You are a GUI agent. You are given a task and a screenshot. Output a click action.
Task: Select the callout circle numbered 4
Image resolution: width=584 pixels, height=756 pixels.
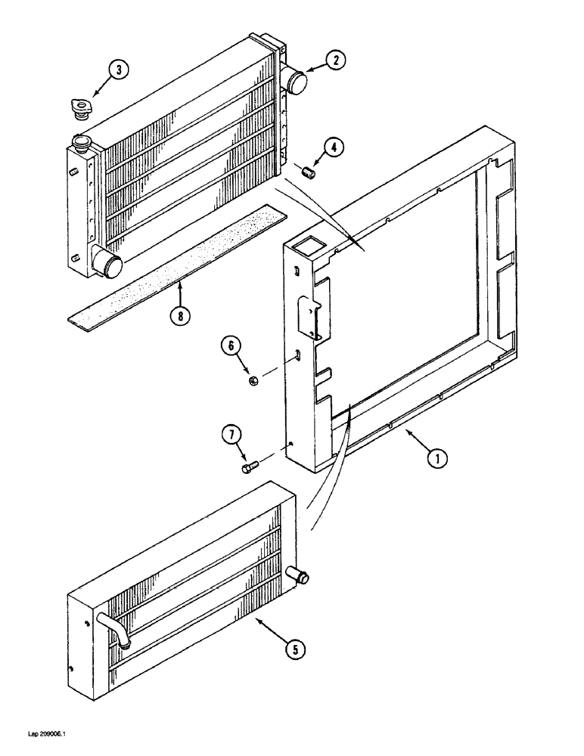tap(335, 149)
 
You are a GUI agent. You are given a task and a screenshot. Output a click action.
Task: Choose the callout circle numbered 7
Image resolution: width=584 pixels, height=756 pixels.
tap(232, 435)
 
